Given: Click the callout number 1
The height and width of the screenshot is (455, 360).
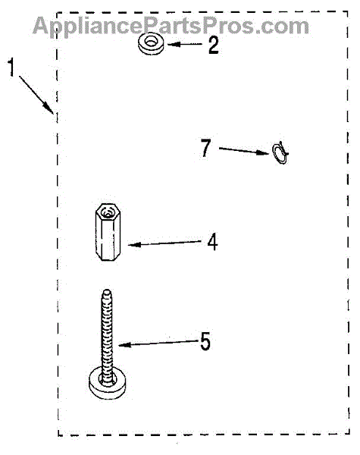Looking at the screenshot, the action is point(11,67).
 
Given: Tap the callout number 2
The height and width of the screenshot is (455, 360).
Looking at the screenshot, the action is point(214,45).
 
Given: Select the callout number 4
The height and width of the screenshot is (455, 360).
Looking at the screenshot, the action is point(212,243).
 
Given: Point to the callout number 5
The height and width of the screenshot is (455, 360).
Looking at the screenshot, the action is point(205,341).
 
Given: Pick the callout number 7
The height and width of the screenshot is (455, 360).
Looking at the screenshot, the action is point(206,148).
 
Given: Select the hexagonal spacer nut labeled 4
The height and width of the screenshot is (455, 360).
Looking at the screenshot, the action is point(108,232).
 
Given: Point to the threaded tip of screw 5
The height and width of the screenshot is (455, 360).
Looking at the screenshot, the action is point(107,293).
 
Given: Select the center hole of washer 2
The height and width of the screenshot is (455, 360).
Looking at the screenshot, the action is point(151,42).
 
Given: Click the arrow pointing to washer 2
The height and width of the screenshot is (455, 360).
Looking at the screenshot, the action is point(184,45).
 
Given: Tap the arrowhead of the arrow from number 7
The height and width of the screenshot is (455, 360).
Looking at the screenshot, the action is point(264,152).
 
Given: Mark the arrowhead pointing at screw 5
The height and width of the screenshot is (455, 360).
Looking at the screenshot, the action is point(124,345).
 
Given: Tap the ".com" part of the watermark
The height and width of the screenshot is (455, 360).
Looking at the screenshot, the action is point(280,27).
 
